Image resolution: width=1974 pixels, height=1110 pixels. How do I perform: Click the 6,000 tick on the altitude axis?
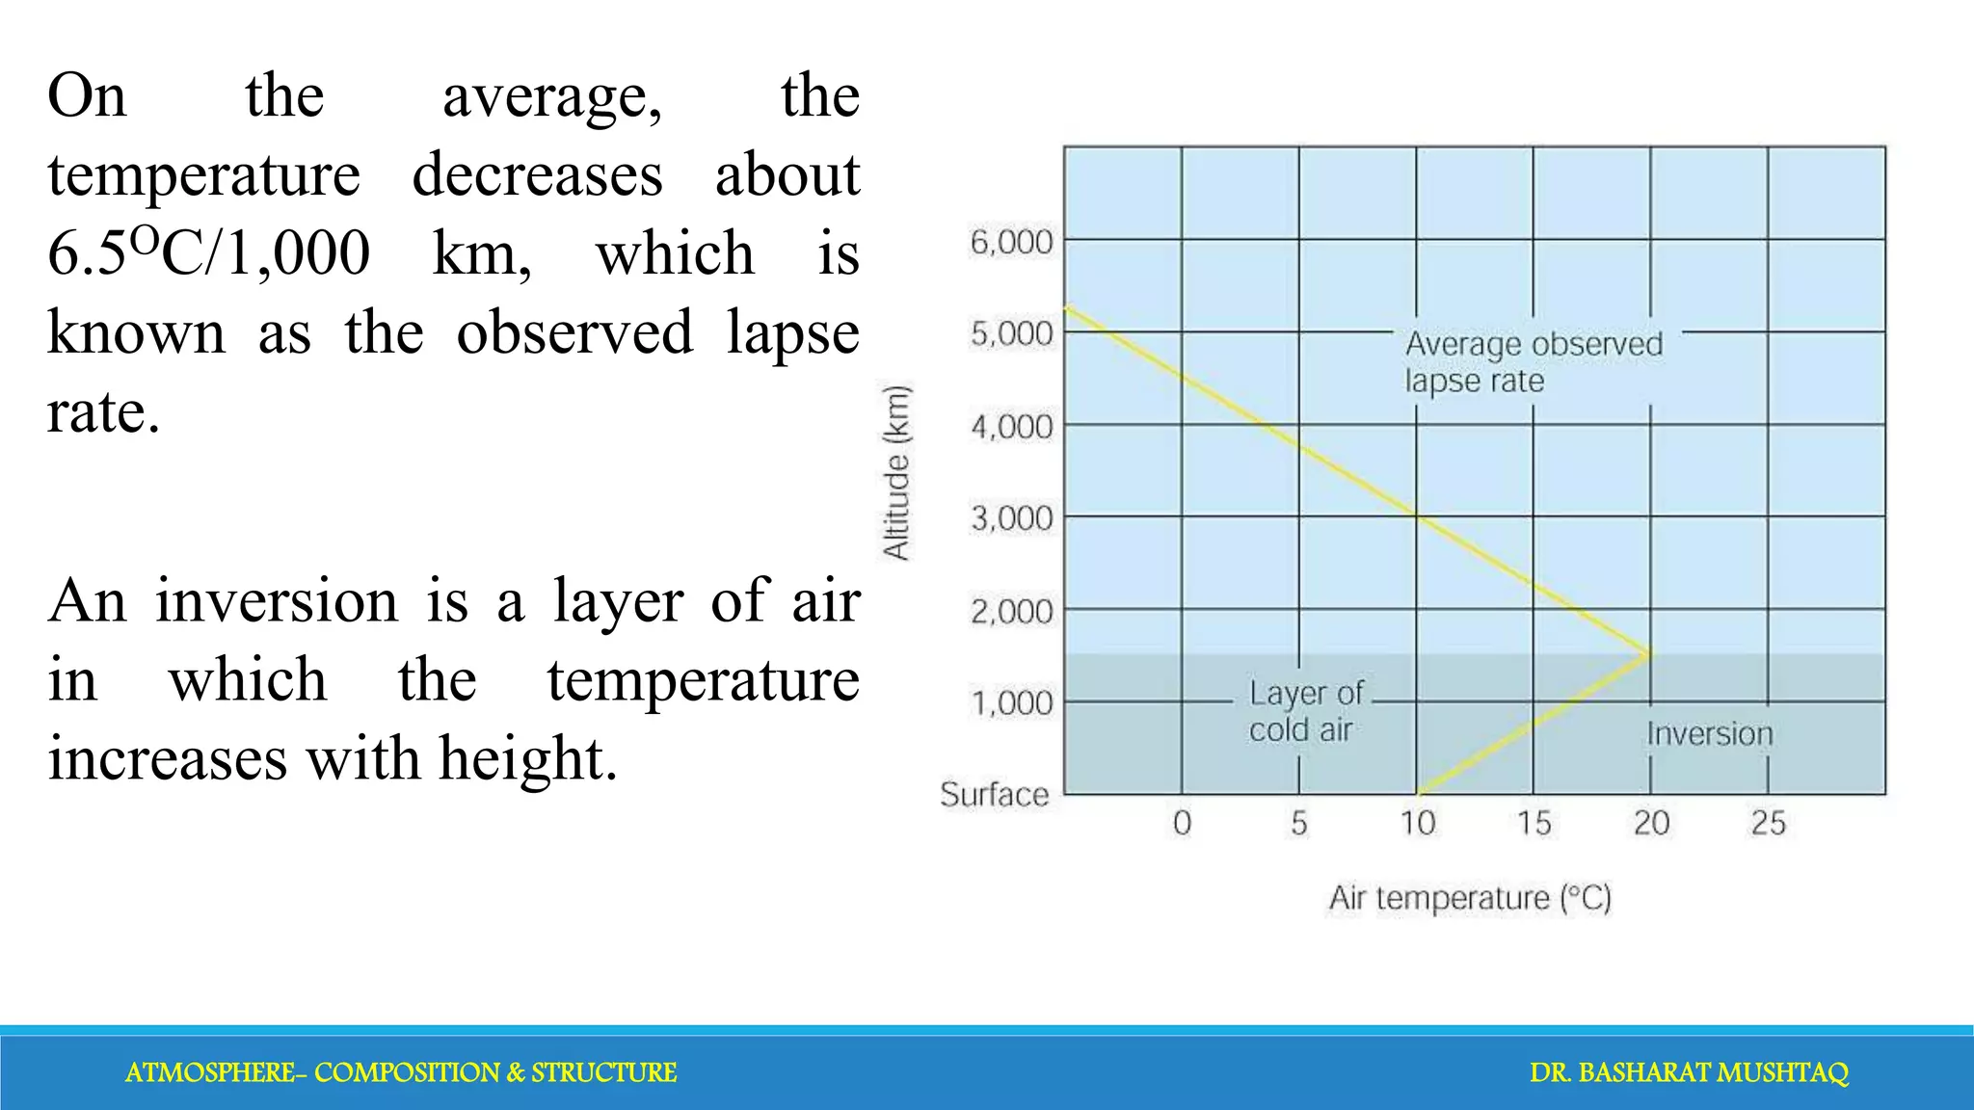pyautogui.click(x=1011, y=241)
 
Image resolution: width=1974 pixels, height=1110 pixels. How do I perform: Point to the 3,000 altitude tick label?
pyautogui.click(x=1011, y=518)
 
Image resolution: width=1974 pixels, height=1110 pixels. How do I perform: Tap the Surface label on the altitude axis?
pyautogui.click(x=994, y=794)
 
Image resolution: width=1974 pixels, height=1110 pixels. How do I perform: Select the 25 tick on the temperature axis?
pyautogui.click(x=1768, y=823)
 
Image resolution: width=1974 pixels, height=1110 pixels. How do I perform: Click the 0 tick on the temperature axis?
pyautogui.click(x=1182, y=823)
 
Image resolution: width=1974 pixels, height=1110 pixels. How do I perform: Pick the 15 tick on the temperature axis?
pyautogui.click(x=1534, y=823)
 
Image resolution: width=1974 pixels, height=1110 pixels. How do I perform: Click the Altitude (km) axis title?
pyautogui.click(x=896, y=472)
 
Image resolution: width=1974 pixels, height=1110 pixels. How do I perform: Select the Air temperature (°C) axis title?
pyautogui.click(x=1470, y=898)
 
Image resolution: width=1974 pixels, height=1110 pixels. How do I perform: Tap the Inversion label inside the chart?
pyautogui.click(x=1709, y=734)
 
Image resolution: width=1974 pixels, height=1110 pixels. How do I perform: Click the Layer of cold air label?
pyautogui.click(x=1305, y=711)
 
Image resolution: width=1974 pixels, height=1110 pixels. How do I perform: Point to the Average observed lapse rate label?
pyautogui.click(x=1533, y=362)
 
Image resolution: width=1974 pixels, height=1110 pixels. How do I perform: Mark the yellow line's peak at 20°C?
pyautogui.click(x=1650, y=654)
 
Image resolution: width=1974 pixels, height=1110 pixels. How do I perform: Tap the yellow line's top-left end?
pyautogui.click(x=1068, y=308)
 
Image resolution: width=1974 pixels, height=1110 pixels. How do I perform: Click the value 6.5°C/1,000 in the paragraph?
pyautogui.click(x=208, y=254)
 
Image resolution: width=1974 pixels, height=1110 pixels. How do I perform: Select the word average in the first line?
pyautogui.click(x=551, y=97)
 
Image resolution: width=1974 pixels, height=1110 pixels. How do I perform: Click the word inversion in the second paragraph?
pyautogui.click(x=277, y=601)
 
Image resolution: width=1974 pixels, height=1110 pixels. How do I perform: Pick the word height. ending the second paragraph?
pyautogui.click(x=528, y=759)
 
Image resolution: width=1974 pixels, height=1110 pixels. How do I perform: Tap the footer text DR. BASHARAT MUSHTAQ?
pyautogui.click(x=1689, y=1072)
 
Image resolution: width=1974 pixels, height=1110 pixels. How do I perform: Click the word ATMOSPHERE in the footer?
pyautogui.click(x=210, y=1072)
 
